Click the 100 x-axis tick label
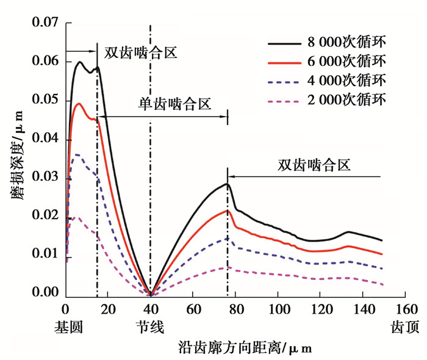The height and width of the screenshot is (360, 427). tap(278, 309)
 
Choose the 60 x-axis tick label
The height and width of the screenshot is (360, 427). tap(193, 309)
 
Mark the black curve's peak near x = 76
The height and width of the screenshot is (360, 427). tap(227, 184)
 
